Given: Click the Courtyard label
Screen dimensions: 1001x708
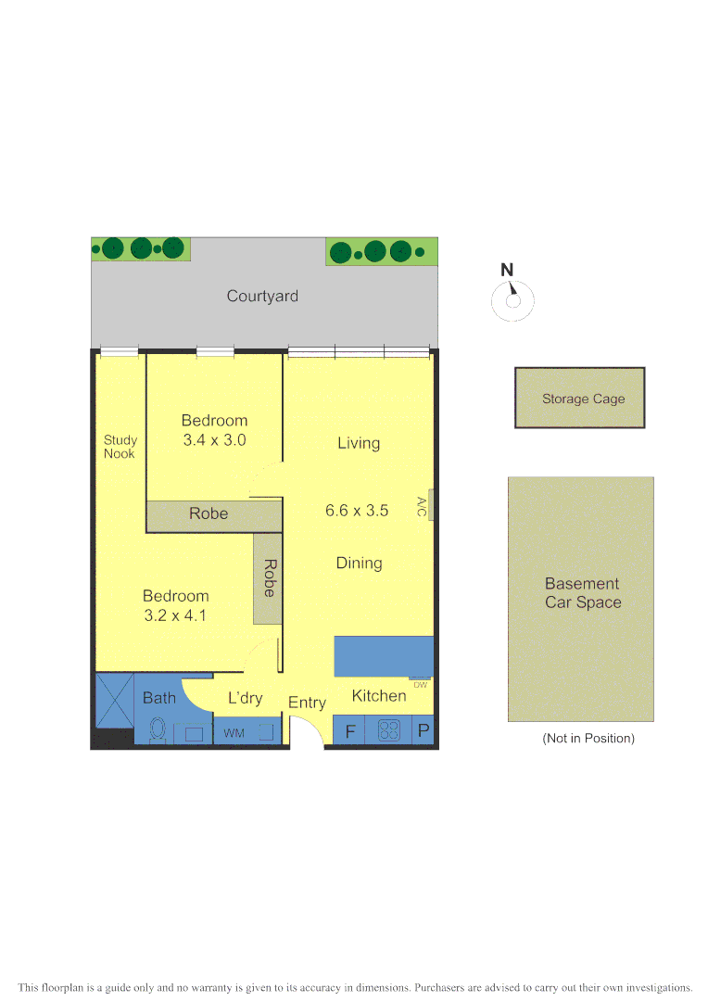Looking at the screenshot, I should (x=262, y=297).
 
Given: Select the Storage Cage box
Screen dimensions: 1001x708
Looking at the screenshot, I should (x=580, y=398).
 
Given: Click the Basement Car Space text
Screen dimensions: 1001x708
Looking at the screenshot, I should (x=582, y=593).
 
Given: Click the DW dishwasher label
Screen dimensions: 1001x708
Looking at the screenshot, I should (x=420, y=685).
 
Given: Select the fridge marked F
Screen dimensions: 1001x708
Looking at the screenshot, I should (x=350, y=731).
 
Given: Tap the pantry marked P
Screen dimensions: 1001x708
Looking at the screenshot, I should (x=424, y=731).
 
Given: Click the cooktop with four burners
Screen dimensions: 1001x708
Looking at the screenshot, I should (x=389, y=731).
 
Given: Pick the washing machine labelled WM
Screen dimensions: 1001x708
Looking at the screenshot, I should (x=234, y=733).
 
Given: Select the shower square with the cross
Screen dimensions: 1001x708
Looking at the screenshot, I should (x=115, y=701).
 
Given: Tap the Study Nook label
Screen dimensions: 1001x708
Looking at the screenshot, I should (x=120, y=447).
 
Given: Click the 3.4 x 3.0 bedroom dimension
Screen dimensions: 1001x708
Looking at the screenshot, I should (x=214, y=440).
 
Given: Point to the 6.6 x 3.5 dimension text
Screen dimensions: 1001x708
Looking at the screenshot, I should (x=357, y=510).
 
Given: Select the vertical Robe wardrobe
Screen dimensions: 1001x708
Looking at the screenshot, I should (x=268, y=577).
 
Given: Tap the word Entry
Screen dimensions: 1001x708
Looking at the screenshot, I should (x=307, y=703).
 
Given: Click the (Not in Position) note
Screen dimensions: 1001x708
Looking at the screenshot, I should (x=588, y=739).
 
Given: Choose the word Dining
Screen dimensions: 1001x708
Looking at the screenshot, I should (x=360, y=563).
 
